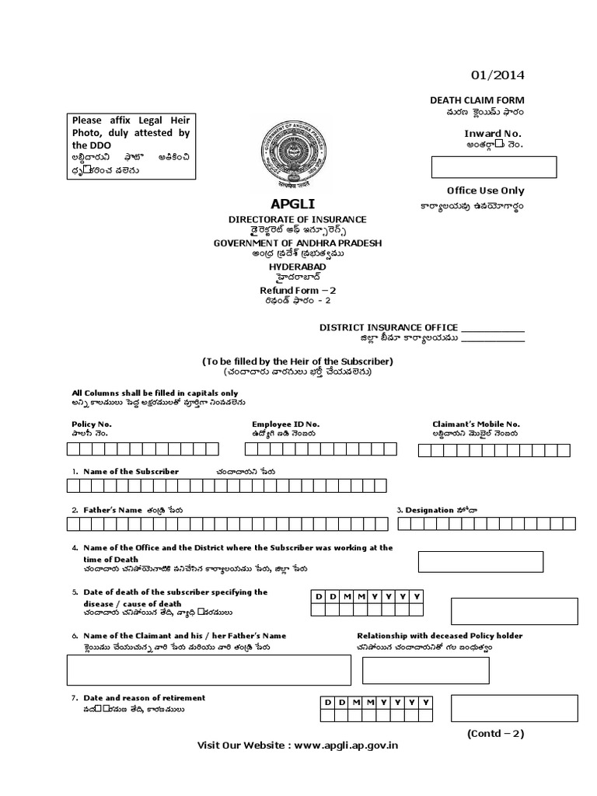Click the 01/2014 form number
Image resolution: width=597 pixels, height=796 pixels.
(x=497, y=75)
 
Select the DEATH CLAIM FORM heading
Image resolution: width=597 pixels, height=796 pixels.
(x=477, y=100)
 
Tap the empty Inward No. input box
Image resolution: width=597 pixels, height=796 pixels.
(x=494, y=167)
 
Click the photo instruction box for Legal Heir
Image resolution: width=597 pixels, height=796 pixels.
(x=131, y=146)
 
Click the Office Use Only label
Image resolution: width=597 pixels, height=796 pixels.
(x=485, y=190)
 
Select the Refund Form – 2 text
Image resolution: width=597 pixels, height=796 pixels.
(x=298, y=290)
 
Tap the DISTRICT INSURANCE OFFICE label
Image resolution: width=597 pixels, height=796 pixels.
(x=389, y=327)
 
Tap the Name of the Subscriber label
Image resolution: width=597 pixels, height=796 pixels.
(x=131, y=472)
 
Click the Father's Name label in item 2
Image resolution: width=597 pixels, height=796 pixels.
(x=113, y=510)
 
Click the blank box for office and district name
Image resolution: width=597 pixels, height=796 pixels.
(x=480, y=561)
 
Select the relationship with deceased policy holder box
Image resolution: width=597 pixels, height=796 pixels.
(x=425, y=670)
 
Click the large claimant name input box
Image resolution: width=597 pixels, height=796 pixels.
(x=204, y=670)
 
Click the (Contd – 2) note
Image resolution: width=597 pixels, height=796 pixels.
(x=496, y=733)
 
